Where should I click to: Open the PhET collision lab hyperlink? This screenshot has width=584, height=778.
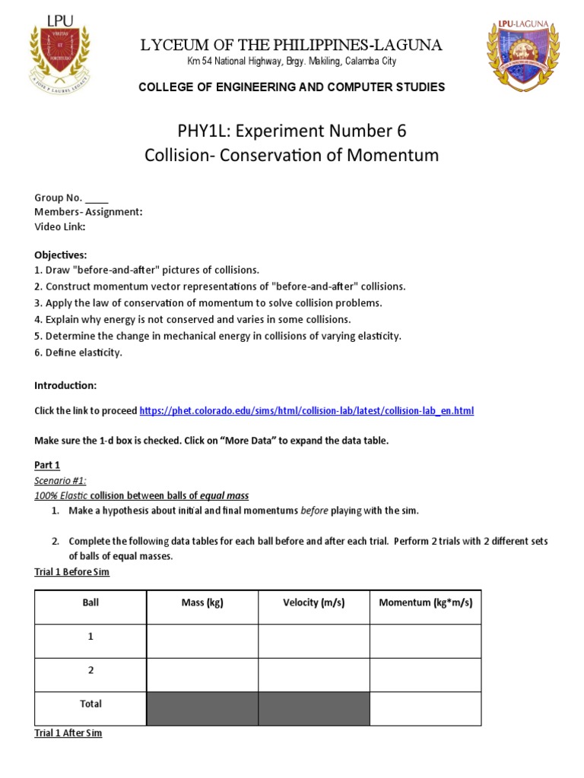[x=306, y=411]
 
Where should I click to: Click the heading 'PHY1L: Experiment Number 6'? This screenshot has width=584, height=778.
[x=291, y=130]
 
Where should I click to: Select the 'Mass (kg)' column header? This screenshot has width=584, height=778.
[x=202, y=603]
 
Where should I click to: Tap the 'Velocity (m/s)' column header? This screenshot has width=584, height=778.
[x=313, y=603]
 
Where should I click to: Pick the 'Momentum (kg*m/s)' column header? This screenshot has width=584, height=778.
[x=425, y=603]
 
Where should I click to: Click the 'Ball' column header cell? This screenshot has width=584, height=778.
[x=90, y=603]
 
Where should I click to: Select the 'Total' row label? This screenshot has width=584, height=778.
[x=90, y=704]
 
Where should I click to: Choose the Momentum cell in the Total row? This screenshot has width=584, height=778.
[x=425, y=707]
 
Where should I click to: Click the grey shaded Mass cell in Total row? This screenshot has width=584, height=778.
[x=202, y=707]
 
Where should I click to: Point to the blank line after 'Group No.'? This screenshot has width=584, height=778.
[x=97, y=198]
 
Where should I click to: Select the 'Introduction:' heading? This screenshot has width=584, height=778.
[x=65, y=386]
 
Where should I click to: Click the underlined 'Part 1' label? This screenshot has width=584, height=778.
[x=47, y=465]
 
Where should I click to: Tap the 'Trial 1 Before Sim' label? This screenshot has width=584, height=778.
[x=71, y=572]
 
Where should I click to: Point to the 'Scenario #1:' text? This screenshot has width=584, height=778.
[x=61, y=480]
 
